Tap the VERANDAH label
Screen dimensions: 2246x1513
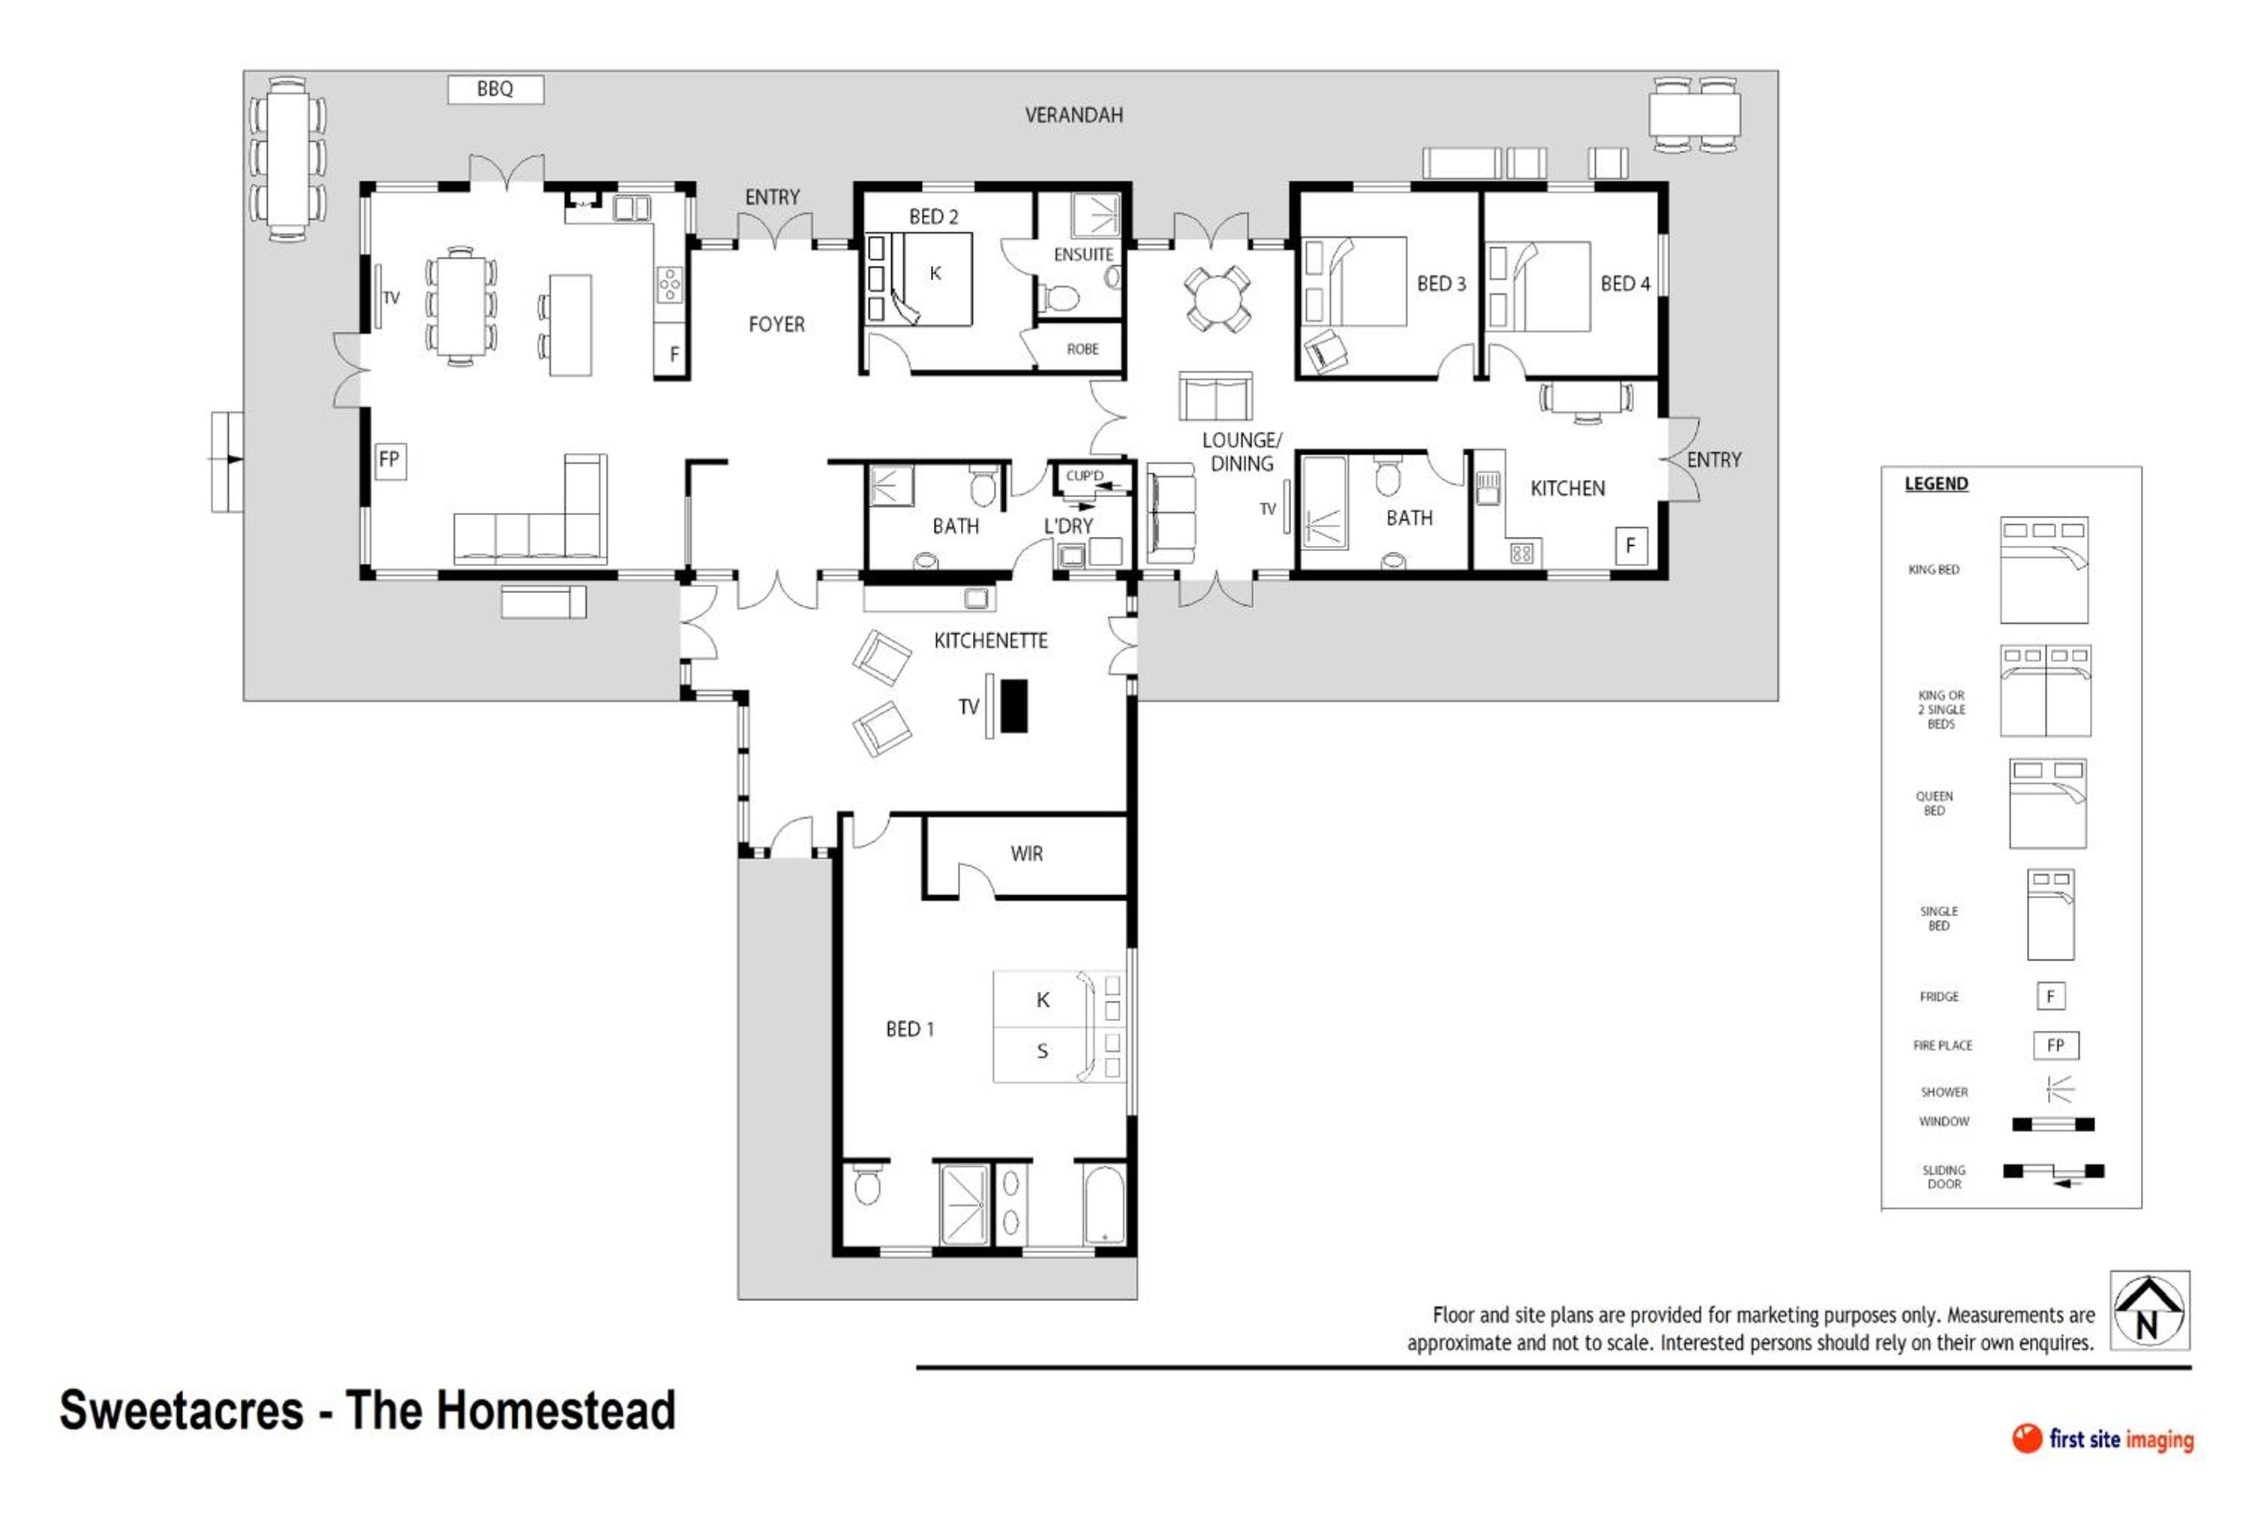(1073, 115)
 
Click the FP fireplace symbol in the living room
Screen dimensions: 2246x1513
(390, 460)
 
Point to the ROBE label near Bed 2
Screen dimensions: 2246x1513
(1082, 349)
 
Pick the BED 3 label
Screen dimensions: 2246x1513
(1441, 283)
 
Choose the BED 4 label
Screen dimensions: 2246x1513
(1626, 283)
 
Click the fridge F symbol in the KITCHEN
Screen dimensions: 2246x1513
(1630, 546)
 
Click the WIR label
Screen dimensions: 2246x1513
(1026, 854)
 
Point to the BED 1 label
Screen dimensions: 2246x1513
(909, 1029)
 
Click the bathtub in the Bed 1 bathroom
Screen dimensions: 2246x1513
(1104, 1206)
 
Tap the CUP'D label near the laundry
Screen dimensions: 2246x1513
(1084, 475)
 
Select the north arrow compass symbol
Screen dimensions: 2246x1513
(2149, 1311)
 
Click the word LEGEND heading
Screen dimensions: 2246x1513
(1936, 484)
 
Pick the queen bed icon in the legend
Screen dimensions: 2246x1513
(2047, 804)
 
